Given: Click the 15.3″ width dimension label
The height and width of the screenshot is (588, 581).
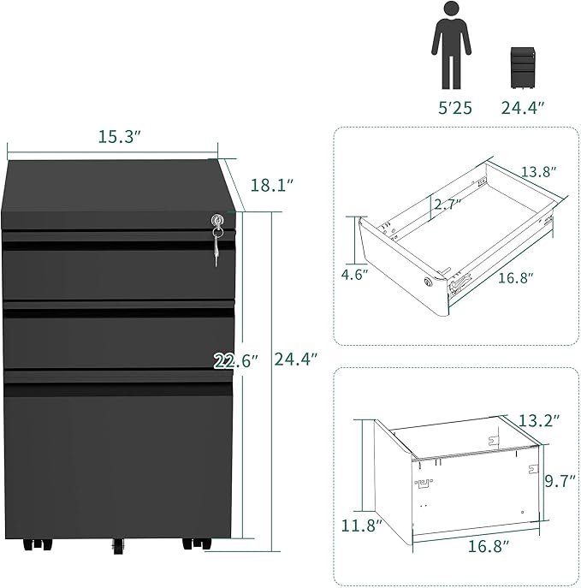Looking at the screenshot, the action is (119, 136).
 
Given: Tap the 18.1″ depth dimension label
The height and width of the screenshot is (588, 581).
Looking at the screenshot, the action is (271, 185).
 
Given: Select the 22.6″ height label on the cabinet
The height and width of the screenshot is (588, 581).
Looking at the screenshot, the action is (236, 361).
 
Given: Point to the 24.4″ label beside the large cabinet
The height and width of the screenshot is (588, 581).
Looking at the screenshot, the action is (296, 359).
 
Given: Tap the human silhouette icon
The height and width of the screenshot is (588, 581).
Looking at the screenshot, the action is (451, 45).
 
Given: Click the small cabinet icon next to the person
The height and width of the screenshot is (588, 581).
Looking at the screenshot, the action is (523, 68).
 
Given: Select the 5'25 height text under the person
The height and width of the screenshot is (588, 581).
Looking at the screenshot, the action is (455, 108).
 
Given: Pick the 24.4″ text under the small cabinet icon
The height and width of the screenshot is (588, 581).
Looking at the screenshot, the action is (523, 108).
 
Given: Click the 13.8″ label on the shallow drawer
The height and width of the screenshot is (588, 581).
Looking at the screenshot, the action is (539, 172).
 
